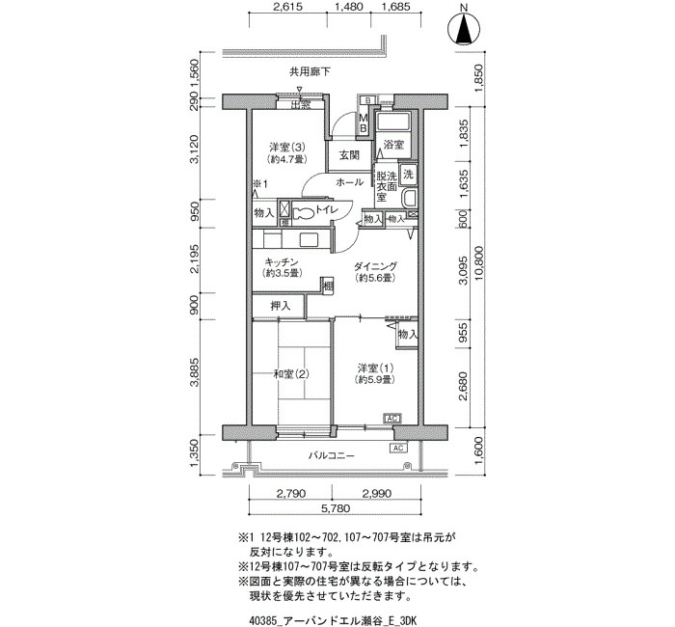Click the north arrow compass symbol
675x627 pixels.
(x=464, y=28)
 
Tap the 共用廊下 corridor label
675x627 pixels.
(x=310, y=72)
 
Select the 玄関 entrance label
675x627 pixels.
(x=349, y=155)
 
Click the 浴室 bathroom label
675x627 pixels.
(x=393, y=145)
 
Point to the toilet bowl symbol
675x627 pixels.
(x=305, y=213)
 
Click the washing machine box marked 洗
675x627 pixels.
(x=407, y=174)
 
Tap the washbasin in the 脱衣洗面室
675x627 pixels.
(x=408, y=199)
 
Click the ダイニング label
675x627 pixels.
(x=376, y=266)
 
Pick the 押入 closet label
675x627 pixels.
(x=281, y=306)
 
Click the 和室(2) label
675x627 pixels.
(x=291, y=374)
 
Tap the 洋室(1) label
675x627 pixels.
(x=375, y=368)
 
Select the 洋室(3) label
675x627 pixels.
(x=287, y=148)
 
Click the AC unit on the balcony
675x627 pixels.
(x=398, y=448)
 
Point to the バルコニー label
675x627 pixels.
(x=332, y=455)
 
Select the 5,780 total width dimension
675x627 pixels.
(x=336, y=508)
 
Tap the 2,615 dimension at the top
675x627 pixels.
(x=288, y=7)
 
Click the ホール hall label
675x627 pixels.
(x=349, y=182)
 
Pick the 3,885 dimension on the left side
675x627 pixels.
(x=195, y=372)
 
